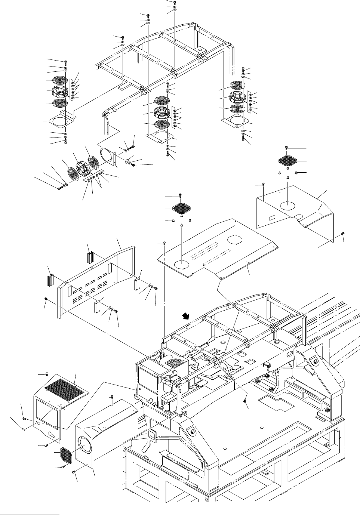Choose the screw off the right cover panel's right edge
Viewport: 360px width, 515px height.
tap(343, 234)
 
